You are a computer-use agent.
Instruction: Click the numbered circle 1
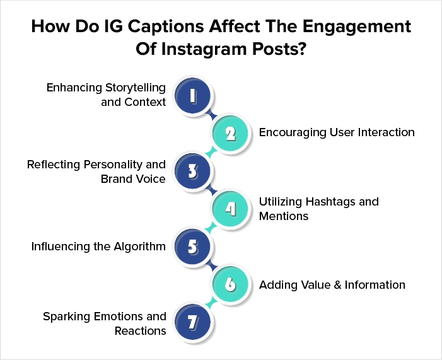pyautogui.click(x=192, y=96)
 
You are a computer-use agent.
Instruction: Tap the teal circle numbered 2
pyautogui.click(x=230, y=133)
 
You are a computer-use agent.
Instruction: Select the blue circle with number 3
pyautogui.click(x=192, y=171)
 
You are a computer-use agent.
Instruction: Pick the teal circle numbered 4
pyautogui.click(x=230, y=209)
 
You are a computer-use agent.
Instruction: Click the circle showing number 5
pyautogui.click(x=192, y=247)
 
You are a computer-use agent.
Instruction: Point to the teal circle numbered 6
pyautogui.click(x=230, y=284)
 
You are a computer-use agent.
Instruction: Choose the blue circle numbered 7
pyautogui.click(x=192, y=322)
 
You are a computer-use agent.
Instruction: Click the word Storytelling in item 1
pyautogui.click(x=136, y=88)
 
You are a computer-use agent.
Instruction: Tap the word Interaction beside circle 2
pyautogui.click(x=386, y=132)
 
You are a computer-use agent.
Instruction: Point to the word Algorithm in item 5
pyautogui.click(x=139, y=247)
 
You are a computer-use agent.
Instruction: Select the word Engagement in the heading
pyautogui.click(x=357, y=27)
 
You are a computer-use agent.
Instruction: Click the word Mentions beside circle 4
pyautogui.click(x=284, y=216)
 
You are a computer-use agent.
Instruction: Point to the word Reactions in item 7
pyautogui.click(x=141, y=330)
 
